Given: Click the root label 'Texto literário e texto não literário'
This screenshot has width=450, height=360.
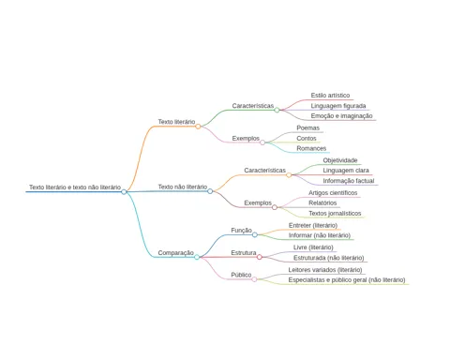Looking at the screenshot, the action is [x=75, y=187].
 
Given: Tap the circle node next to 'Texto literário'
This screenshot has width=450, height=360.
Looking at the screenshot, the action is [x=198, y=127].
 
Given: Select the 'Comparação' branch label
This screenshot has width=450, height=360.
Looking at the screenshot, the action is [x=176, y=252].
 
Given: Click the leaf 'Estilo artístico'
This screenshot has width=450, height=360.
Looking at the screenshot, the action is [x=330, y=95].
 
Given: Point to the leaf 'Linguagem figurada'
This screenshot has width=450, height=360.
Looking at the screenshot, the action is [x=338, y=106].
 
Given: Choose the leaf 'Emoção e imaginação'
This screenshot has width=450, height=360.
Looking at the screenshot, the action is [x=341, y=116].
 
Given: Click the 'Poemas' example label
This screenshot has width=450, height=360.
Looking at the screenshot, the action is [x=308, y=127].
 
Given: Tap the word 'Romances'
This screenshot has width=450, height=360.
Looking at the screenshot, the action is [x=311, y=148].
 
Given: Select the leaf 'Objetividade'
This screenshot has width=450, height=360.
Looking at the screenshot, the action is [x=340, y=160].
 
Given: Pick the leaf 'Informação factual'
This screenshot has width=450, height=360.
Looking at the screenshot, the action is [x=349, y=181].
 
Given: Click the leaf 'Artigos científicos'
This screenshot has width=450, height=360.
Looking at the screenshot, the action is [x=333, y=193].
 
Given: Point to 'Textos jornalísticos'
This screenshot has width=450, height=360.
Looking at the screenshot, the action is [x=335, y=213].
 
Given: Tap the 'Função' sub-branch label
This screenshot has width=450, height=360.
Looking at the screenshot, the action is [x=241, y=231].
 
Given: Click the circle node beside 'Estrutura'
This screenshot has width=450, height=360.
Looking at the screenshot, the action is [x=260, y=257].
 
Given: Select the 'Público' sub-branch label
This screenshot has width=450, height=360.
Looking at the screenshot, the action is [x=241, y=275].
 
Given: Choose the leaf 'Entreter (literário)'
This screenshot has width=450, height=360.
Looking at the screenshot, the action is [x=313, y=225].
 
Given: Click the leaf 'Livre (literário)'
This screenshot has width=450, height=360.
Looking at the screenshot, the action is [x=313, y=247].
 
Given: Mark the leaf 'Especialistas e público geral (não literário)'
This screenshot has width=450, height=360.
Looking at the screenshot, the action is [x=347, y=279].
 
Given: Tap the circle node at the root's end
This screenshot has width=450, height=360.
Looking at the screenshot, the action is [x=124, y=191].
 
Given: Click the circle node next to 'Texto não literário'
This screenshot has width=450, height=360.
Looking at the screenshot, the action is [x=210, y=191].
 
